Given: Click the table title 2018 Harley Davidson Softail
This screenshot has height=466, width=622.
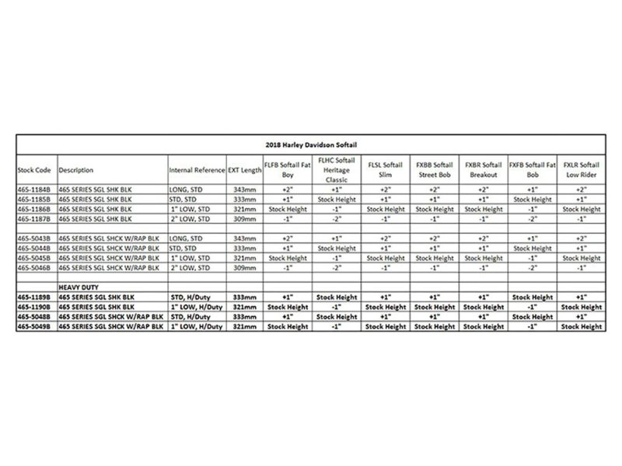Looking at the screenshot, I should tap(310, 144).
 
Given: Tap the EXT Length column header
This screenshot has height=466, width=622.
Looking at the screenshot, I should tap(245, 169).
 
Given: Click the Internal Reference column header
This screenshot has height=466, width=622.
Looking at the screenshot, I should tap(197, 169).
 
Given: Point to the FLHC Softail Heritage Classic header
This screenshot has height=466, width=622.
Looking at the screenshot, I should tap(337, 169).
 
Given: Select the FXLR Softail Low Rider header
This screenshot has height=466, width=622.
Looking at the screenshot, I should tap(582, 169).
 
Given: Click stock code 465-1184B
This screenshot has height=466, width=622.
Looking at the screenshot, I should tap(35, 189).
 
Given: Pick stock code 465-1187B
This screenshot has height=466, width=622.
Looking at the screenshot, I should tap(35, 218).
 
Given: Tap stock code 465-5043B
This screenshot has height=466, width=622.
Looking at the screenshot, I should tap(35, 238).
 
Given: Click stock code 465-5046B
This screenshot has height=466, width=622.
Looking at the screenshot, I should tap(35, 267).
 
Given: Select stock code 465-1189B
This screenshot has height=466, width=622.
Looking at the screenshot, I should tap(35, 297).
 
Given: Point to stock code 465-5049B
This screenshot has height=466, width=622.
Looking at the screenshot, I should tap(35, 326).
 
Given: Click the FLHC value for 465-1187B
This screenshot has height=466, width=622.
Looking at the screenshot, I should tap(337, 218).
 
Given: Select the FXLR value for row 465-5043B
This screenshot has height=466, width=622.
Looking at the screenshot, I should tap(582, 238).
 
